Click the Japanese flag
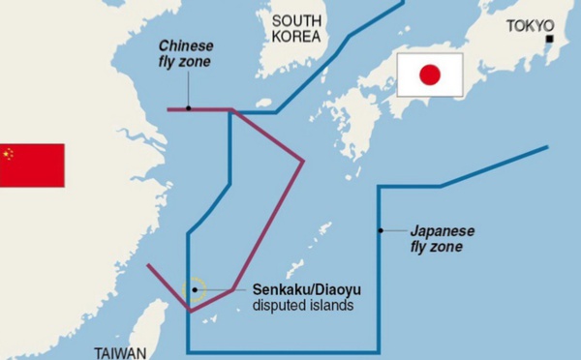430,75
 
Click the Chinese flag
32,165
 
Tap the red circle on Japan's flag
430,75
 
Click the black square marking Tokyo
549,40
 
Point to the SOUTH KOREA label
296,28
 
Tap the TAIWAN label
121,352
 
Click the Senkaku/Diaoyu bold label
299,289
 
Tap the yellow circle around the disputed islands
195,289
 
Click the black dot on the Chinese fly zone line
189,109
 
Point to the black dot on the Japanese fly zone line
380,230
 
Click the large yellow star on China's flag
9,154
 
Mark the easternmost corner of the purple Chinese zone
304,161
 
